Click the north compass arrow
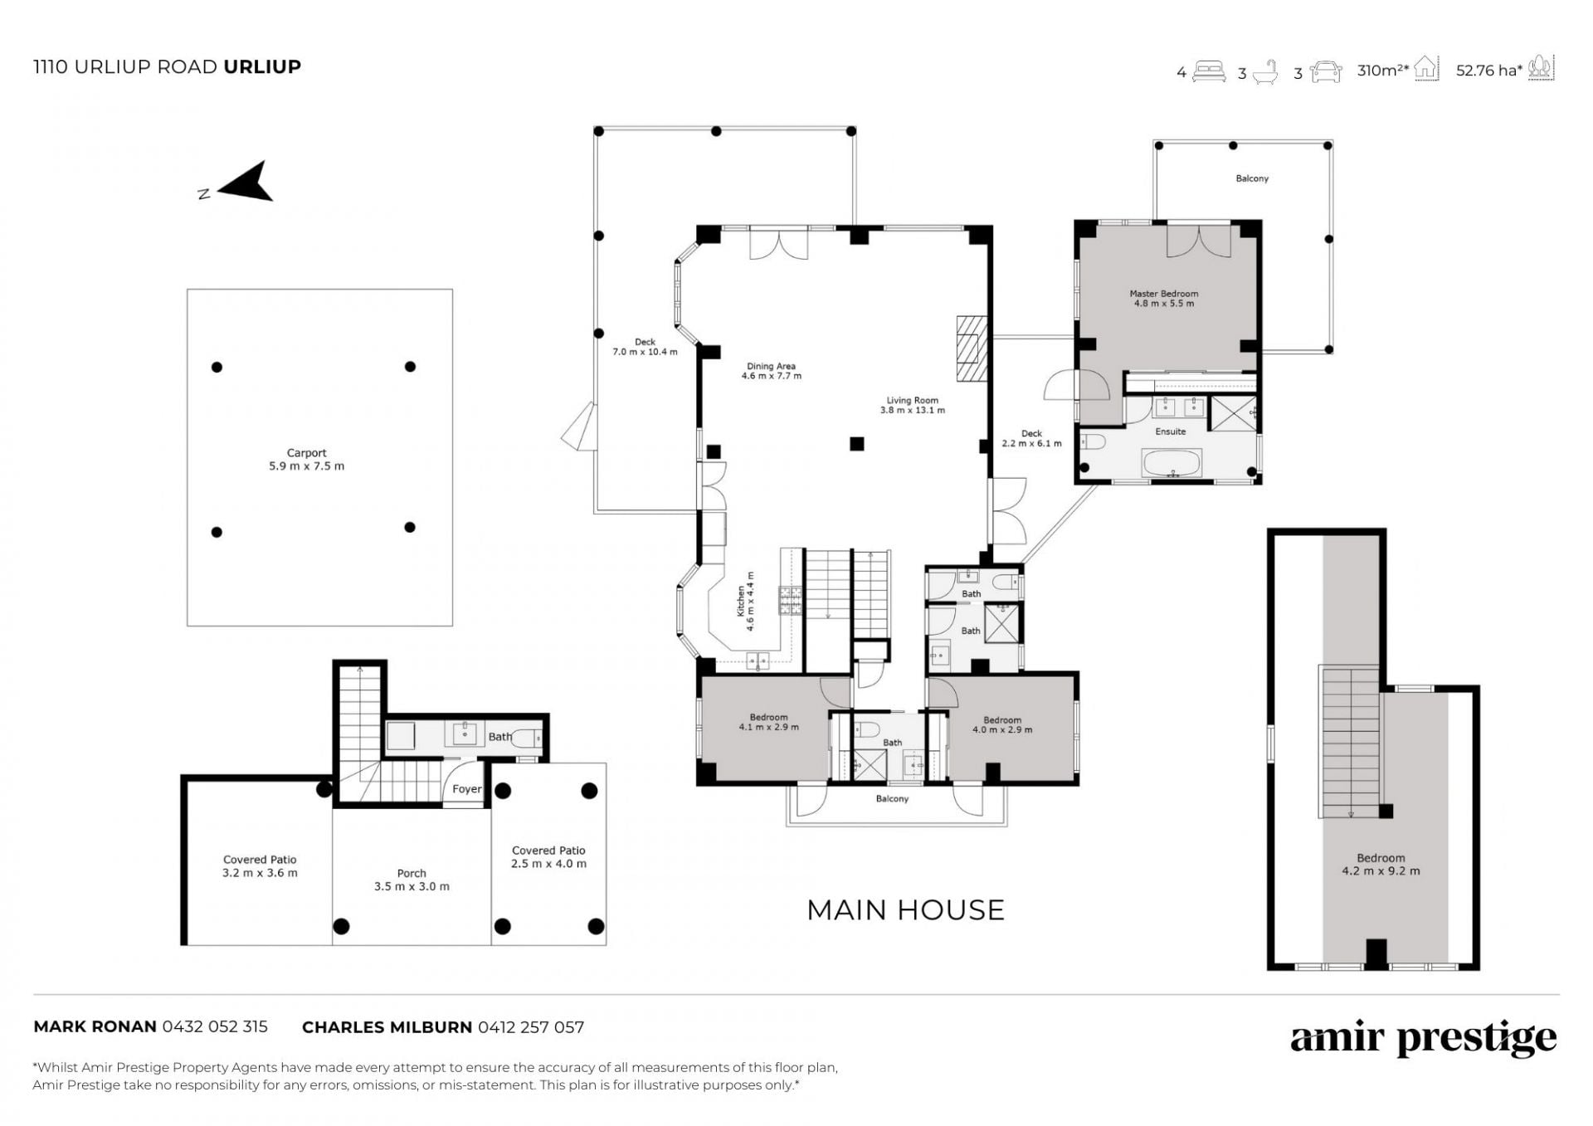tap(245, 183)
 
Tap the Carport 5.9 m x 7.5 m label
tap(306, 460)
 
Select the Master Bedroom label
tap(1164, 299)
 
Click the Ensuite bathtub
tap(1172, 463)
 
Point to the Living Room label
tap(913, 405)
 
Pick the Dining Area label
tap(772, 371)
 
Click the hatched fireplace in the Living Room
tap(968, 348)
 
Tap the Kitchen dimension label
tap(746, 601)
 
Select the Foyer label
tap(467, 789)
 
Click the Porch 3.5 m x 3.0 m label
tap(412, 880)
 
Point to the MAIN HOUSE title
tap(905, 910)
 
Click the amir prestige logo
tap(1424, 1037)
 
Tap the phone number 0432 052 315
tap(215, 1026)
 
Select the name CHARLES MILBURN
tap(387, 1027)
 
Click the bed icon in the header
tap(1209, 71)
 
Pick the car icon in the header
tap(1326, 71)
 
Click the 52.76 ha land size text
tap(1489, 71)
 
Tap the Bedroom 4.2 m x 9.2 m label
tap(1381, 865)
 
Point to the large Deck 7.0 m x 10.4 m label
tap(645, 347)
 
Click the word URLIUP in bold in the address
tap(262, 66)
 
